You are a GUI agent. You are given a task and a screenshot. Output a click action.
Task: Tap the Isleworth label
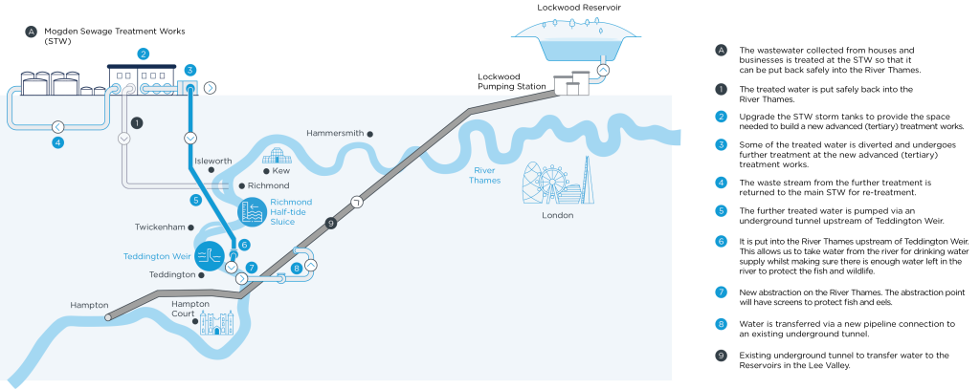212,162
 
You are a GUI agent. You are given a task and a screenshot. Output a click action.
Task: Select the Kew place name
280,170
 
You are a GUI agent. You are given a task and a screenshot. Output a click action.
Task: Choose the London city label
558,215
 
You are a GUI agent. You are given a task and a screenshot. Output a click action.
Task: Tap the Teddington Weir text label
157,256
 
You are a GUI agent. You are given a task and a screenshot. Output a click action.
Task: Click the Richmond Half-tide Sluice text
292,212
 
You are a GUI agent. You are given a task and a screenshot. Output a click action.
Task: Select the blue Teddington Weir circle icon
209,255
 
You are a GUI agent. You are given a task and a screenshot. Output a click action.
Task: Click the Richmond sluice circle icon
253,211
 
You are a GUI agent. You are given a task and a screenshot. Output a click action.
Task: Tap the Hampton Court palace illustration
218,323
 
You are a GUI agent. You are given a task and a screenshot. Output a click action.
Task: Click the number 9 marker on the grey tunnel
331,223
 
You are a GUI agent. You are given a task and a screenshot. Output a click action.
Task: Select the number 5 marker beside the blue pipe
196,201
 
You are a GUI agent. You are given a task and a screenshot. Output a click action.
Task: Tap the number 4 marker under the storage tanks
58,142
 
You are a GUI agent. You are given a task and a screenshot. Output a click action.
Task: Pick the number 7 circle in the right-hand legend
722,292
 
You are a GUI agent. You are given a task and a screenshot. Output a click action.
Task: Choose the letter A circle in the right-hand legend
722,50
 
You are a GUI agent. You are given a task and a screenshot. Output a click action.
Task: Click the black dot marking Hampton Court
195,321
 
